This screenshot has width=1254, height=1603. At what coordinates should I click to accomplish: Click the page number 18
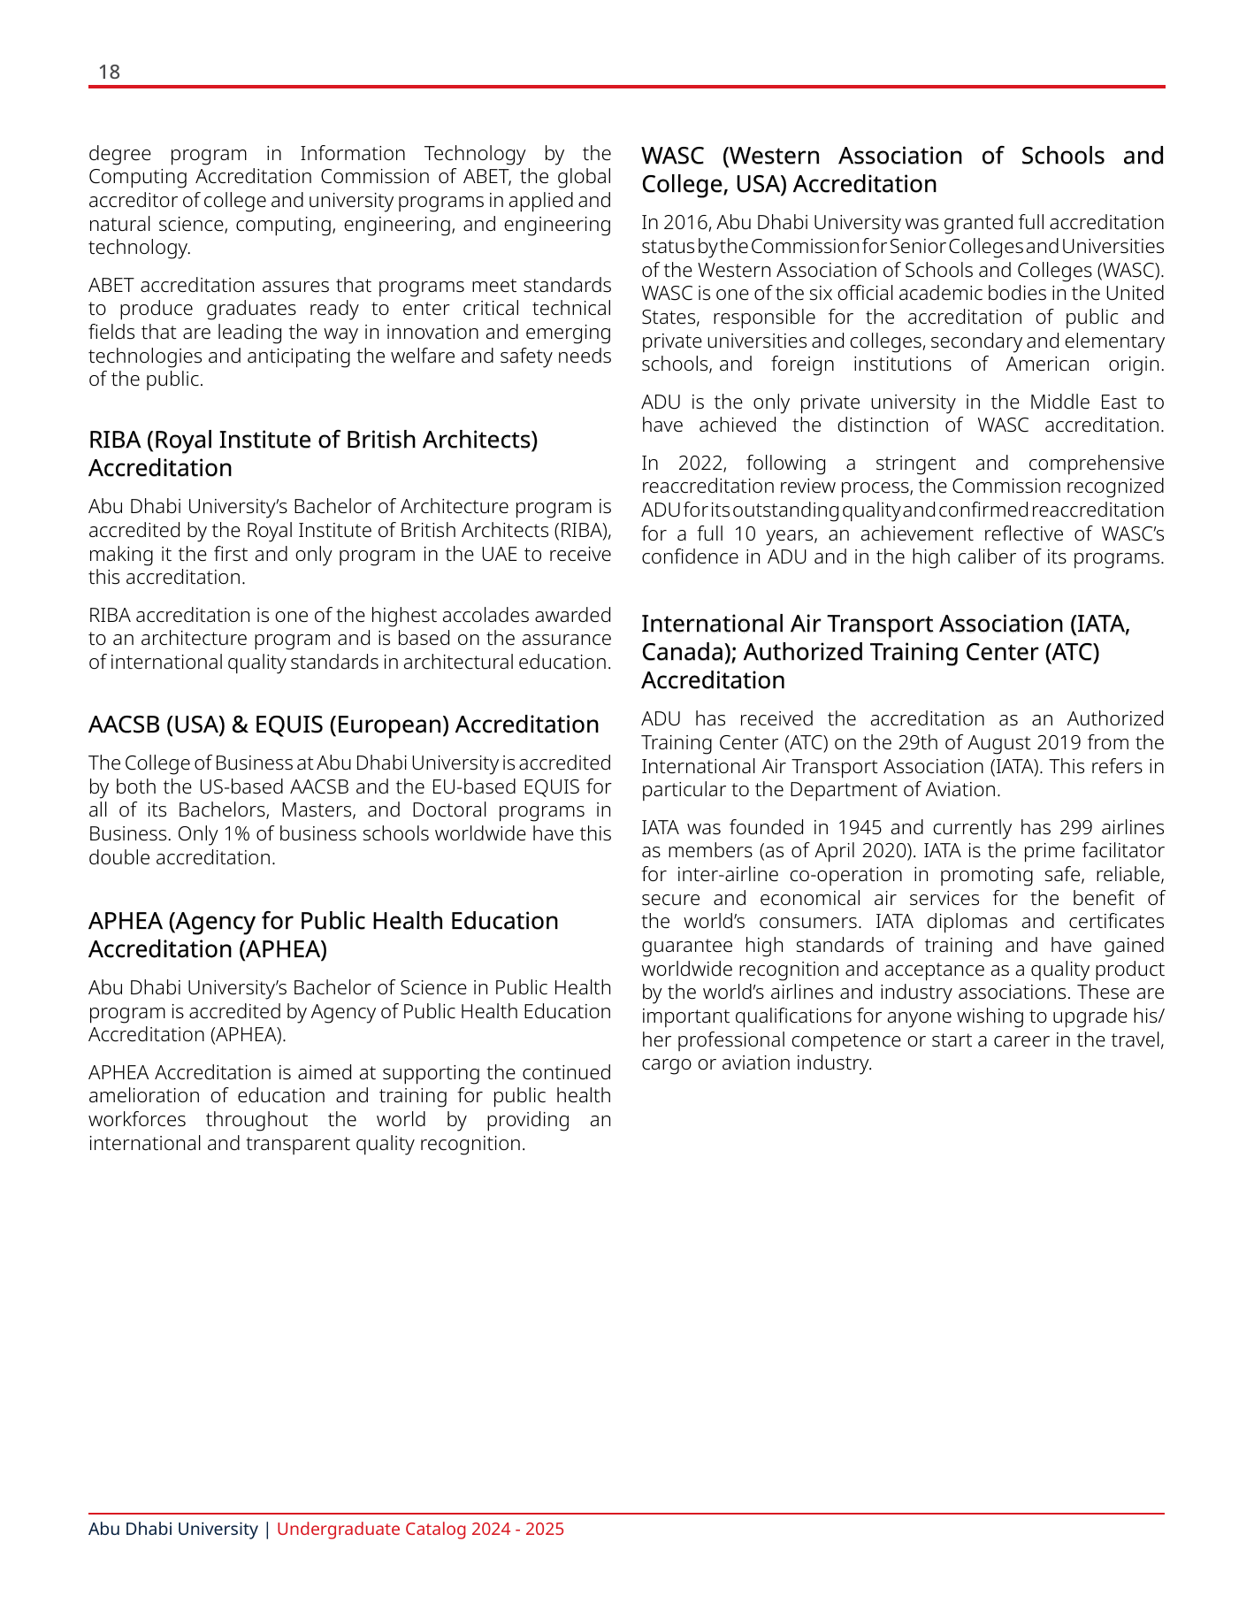[x=109, y=72]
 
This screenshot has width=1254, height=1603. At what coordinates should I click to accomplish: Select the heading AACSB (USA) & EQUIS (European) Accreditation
[x=343, y=725]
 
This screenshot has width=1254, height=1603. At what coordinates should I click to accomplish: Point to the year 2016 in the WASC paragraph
[x=685, y=223]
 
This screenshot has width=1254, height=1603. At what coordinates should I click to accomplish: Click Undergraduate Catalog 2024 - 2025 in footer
[x=420, y=1530]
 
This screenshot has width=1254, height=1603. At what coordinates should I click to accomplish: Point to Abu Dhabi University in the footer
[x=172, y=1530]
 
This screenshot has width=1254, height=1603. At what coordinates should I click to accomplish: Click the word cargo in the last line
[x=666, y=1063]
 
